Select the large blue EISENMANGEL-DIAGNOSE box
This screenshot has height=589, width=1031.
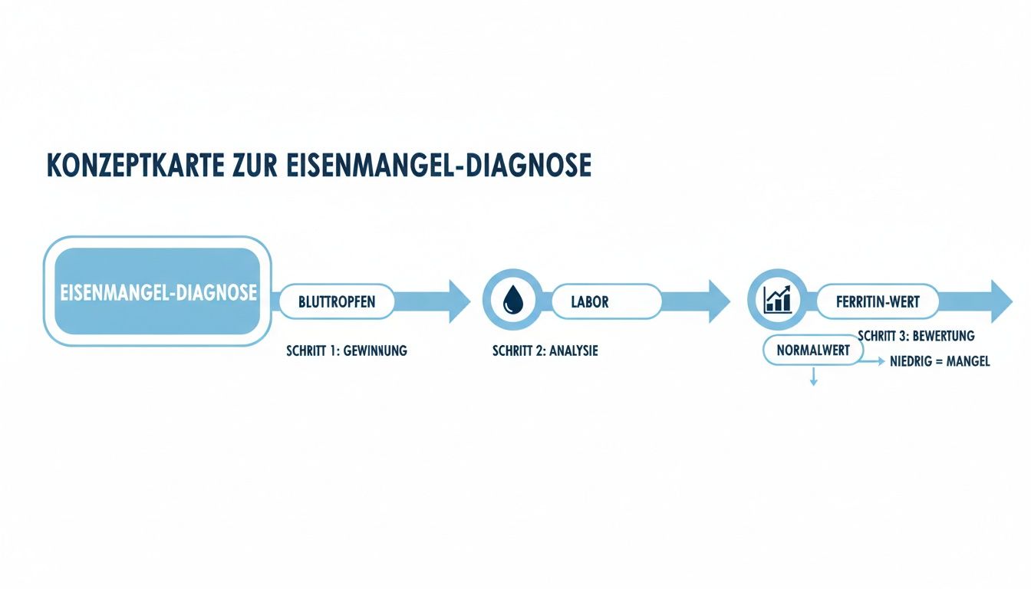point(158,291)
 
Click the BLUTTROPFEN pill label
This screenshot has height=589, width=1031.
point(337,301)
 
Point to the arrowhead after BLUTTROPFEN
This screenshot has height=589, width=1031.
point(459,301)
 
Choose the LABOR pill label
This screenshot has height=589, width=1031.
point(590,301)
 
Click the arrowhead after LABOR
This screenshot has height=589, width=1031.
point(719,301)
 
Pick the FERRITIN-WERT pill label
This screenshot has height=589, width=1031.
point(878,302)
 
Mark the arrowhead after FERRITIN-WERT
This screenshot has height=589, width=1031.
point(1001,301)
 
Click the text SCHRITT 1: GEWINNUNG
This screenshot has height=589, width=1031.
point(346,350)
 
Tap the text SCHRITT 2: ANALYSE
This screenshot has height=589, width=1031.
point(545,350)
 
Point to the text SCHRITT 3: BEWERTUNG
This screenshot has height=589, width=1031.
point(916,335)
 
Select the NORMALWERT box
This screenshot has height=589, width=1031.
point(813,350)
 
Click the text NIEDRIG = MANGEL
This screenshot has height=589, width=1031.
point(940,361)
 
